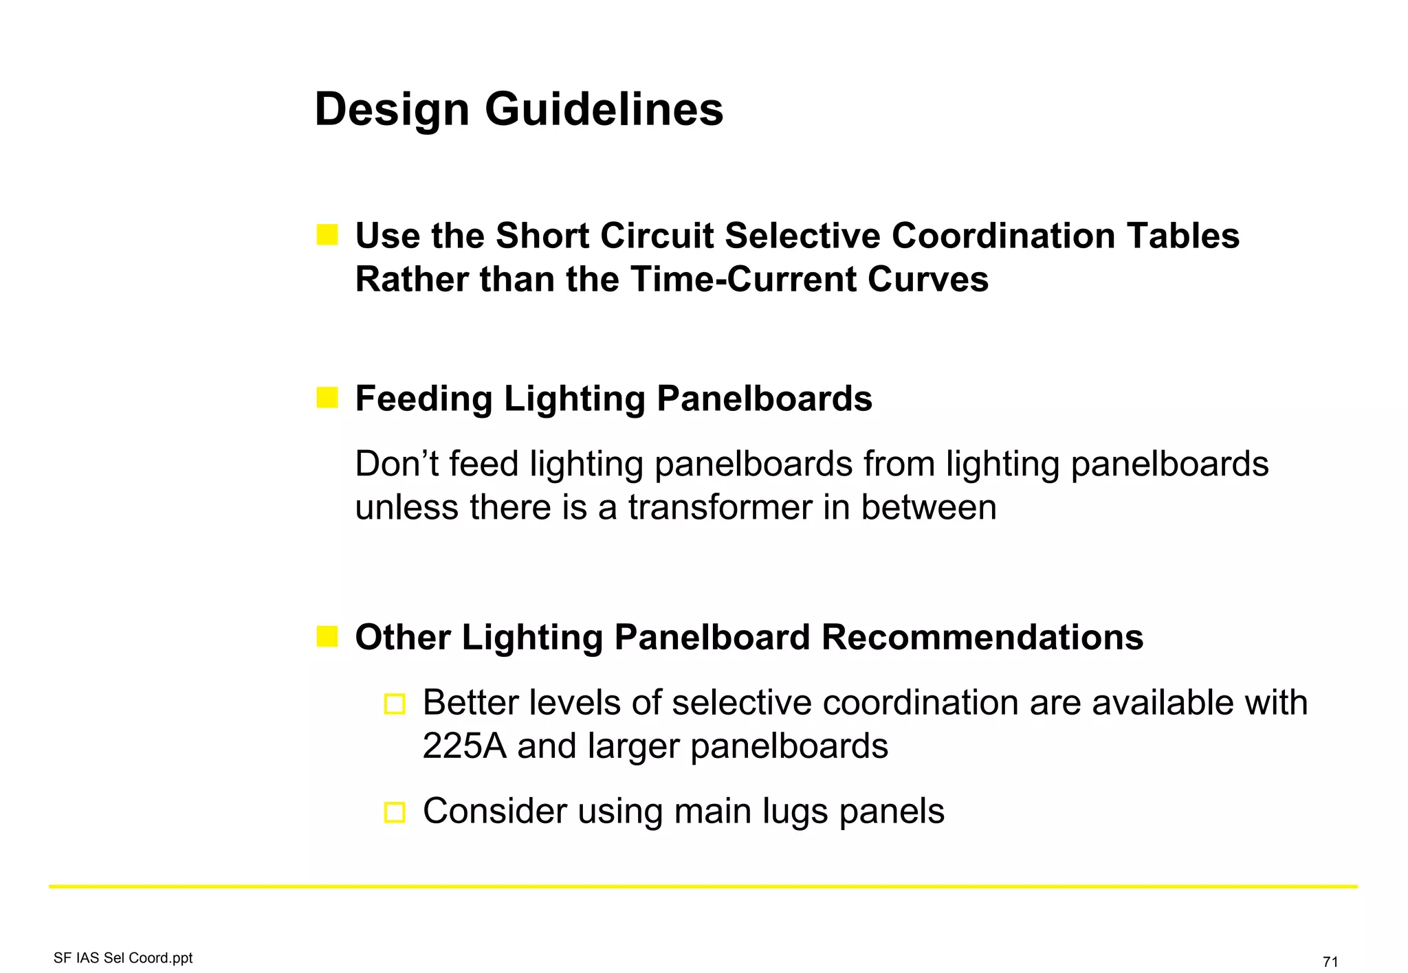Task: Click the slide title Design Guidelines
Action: (x=518, y=110)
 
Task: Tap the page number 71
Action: (x=1330, y=961)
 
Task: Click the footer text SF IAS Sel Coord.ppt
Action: (x=123, y=958)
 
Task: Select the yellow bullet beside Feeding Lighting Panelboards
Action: (x=327, y=398)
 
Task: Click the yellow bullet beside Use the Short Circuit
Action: (x=327, y=235)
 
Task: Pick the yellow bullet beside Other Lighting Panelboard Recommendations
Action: (x=327, y=636)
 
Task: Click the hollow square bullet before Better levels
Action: (x=395, y=704)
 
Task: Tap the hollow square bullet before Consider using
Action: (x=395, y=812)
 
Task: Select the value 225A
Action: (x=464, y=746)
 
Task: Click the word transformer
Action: (x=720, y=508)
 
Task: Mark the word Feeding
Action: (x=423, y=399)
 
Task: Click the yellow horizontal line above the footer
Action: (x=703, y=886)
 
